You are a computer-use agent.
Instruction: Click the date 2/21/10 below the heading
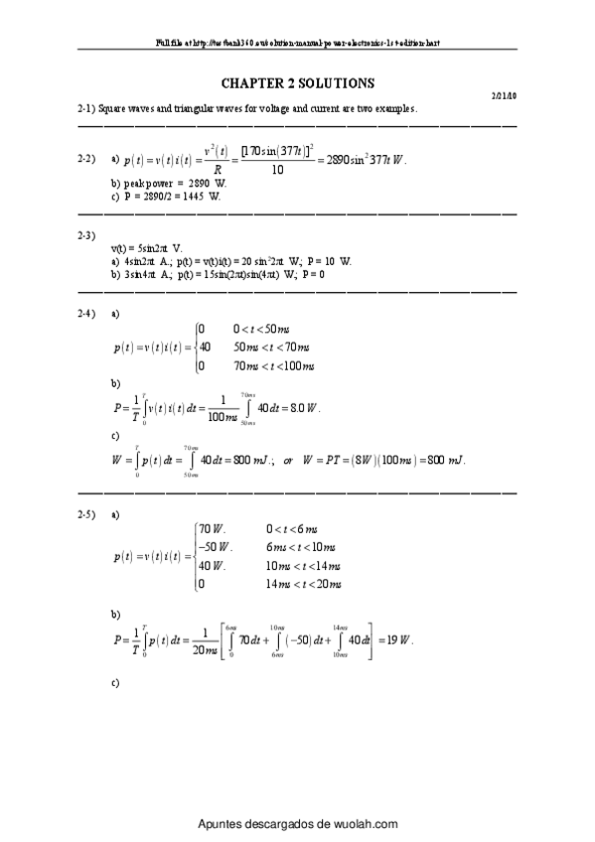[x=504, y=96]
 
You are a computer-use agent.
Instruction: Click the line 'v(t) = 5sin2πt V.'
[x=147, y=247]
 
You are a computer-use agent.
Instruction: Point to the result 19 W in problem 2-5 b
[x=398, y=640]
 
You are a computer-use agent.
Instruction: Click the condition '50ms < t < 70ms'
[x=272, y=348]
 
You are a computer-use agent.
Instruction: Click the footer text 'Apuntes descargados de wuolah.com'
[x=298, y=824]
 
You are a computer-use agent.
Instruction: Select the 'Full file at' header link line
[x=297, y=45]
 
